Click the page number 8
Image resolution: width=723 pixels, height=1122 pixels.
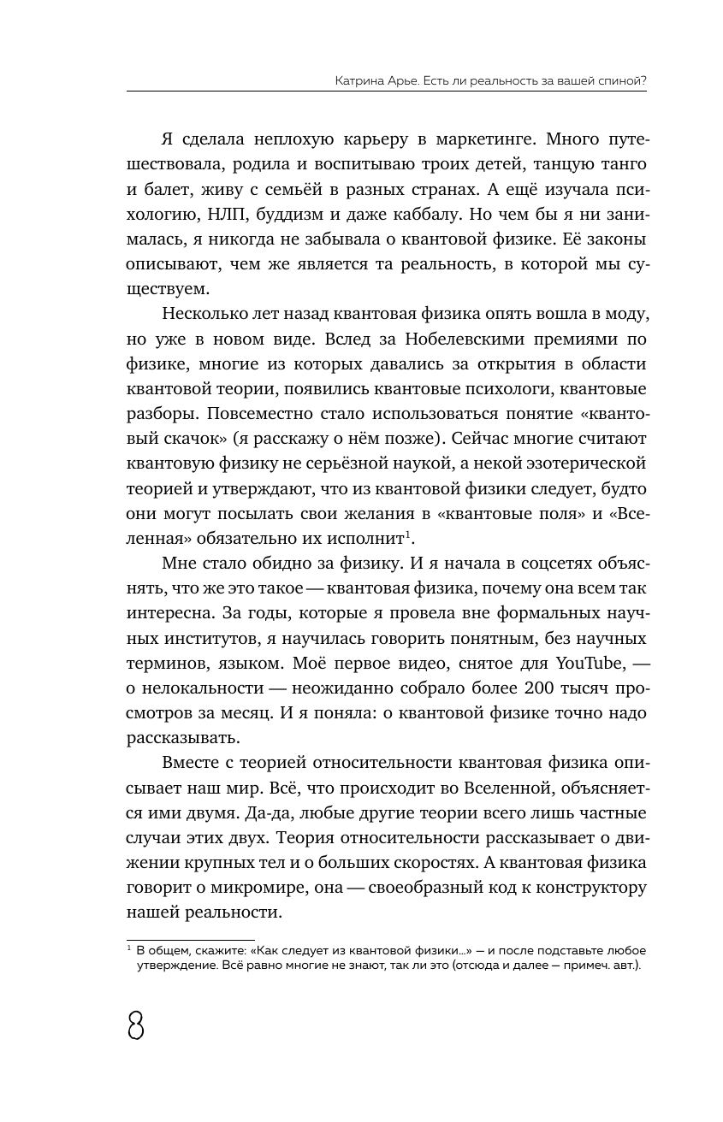[x=135, y=1024]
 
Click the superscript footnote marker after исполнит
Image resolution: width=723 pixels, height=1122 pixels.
[x=410, y=535]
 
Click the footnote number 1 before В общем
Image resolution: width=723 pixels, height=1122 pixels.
[x=128, y=948]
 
